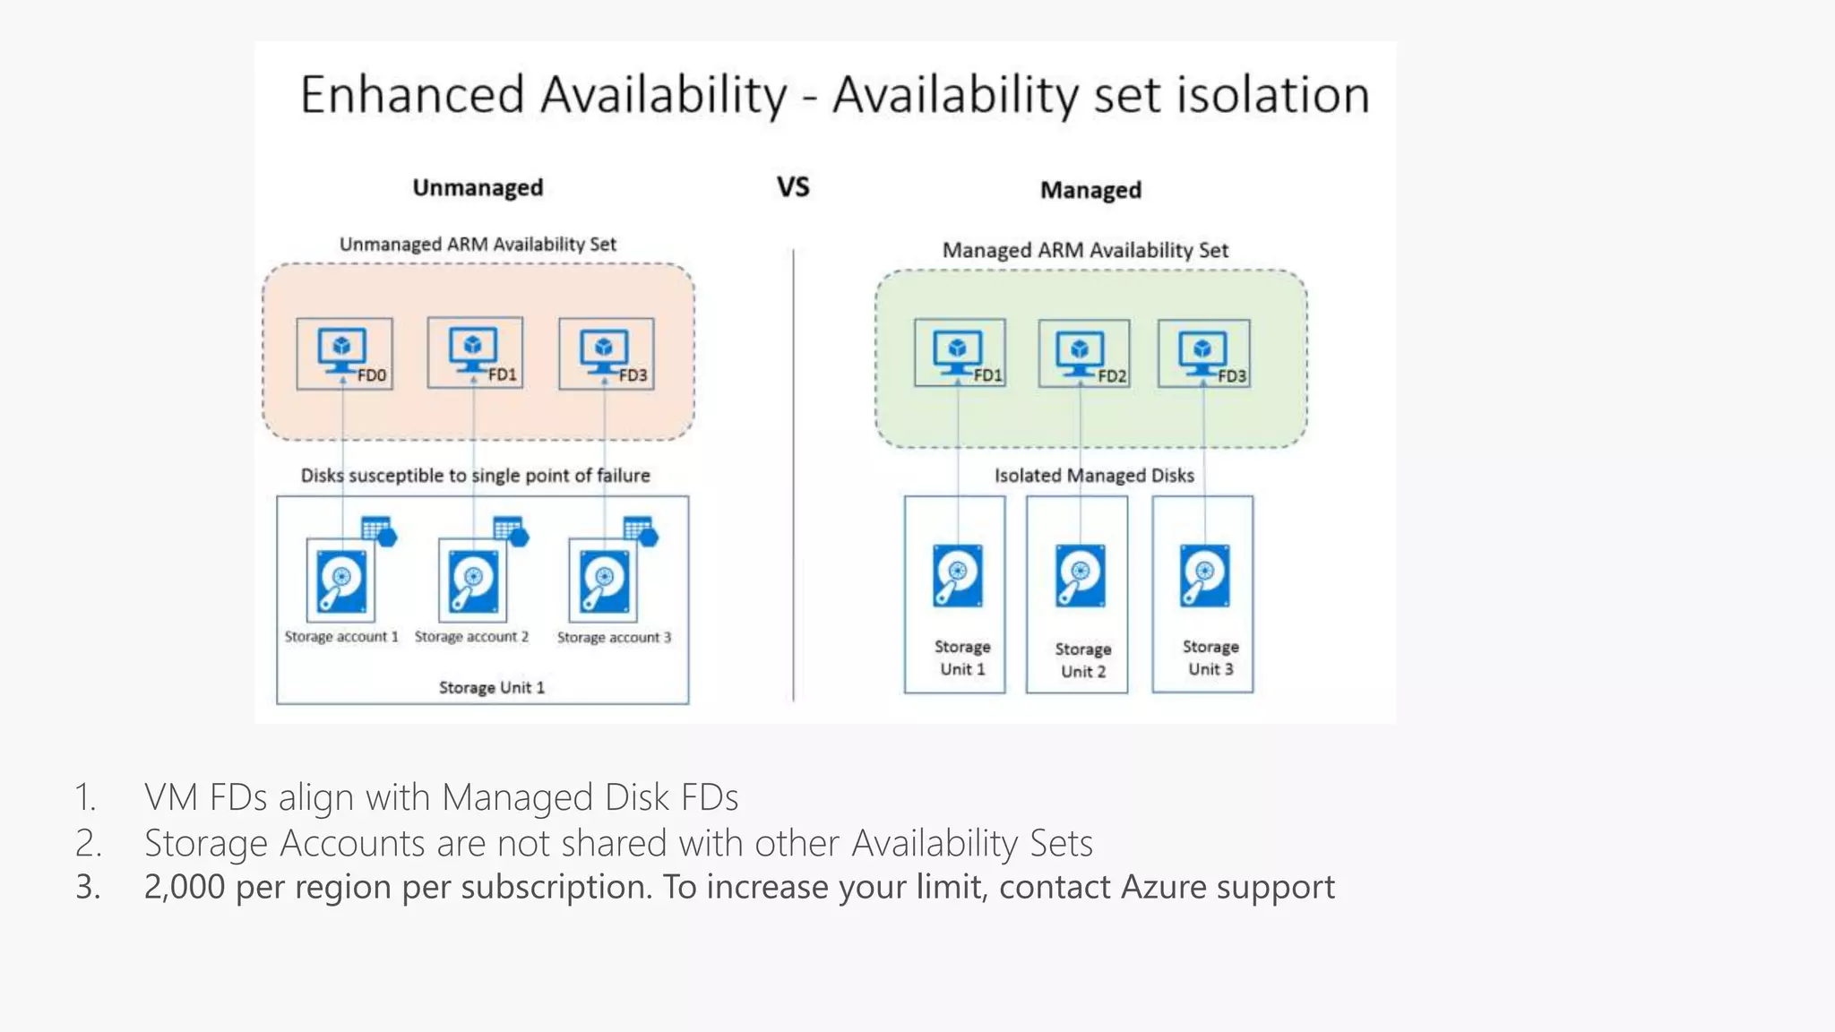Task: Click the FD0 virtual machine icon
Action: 343,352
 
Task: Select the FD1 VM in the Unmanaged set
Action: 474,351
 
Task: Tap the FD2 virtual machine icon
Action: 1081,353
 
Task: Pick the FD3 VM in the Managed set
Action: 1203,353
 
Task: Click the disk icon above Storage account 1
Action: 341,580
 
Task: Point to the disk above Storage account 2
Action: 473,580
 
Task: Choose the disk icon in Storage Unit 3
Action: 1204,576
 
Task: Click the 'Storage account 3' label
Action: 614,638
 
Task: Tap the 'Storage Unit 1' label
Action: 491,688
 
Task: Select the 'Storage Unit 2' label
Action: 1082,660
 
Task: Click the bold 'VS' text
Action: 793,187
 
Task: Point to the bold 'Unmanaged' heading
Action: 478,188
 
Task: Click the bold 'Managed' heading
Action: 1090,190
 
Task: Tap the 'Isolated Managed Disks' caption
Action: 1094,476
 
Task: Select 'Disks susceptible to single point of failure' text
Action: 475,476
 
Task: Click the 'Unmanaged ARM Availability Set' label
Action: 478,245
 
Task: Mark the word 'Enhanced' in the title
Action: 412,95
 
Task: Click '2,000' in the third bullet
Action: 185,887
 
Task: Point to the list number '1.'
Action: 85,797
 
